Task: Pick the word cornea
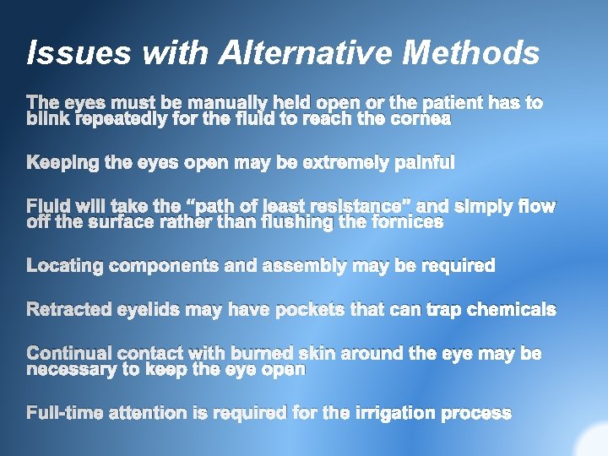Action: tap(421, 119)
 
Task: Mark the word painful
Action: tap(425, 162)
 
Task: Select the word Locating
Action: tap(65, 266)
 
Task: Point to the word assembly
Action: tap(301, 266)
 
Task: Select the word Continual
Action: tap(69, 353)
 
